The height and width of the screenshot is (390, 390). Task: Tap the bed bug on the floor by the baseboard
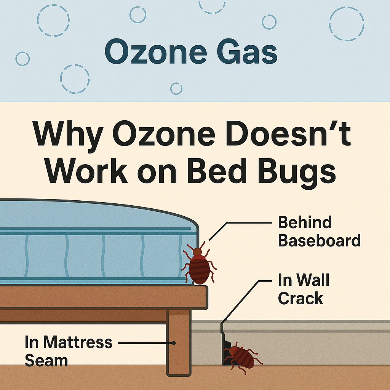pyautogui.click(x=241, y=356)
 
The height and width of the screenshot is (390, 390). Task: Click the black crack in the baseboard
pyautogui.click(x=225, y=345)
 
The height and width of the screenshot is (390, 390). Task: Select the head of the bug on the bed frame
pyautogui.click(x=197, y=251)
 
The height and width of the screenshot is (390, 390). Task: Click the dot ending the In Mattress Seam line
pyautogui.click(x=174, y=343)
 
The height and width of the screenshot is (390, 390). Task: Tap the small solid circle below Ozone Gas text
pyautogui.click(x=176, y=88)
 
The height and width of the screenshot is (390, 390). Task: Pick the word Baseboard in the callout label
pyautogui.click(x=319, y=240)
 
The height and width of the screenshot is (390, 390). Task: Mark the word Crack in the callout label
pyautogui.click(x=300, y=299)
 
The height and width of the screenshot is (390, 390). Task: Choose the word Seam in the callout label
pyautogui.click(x=46, y=360)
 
